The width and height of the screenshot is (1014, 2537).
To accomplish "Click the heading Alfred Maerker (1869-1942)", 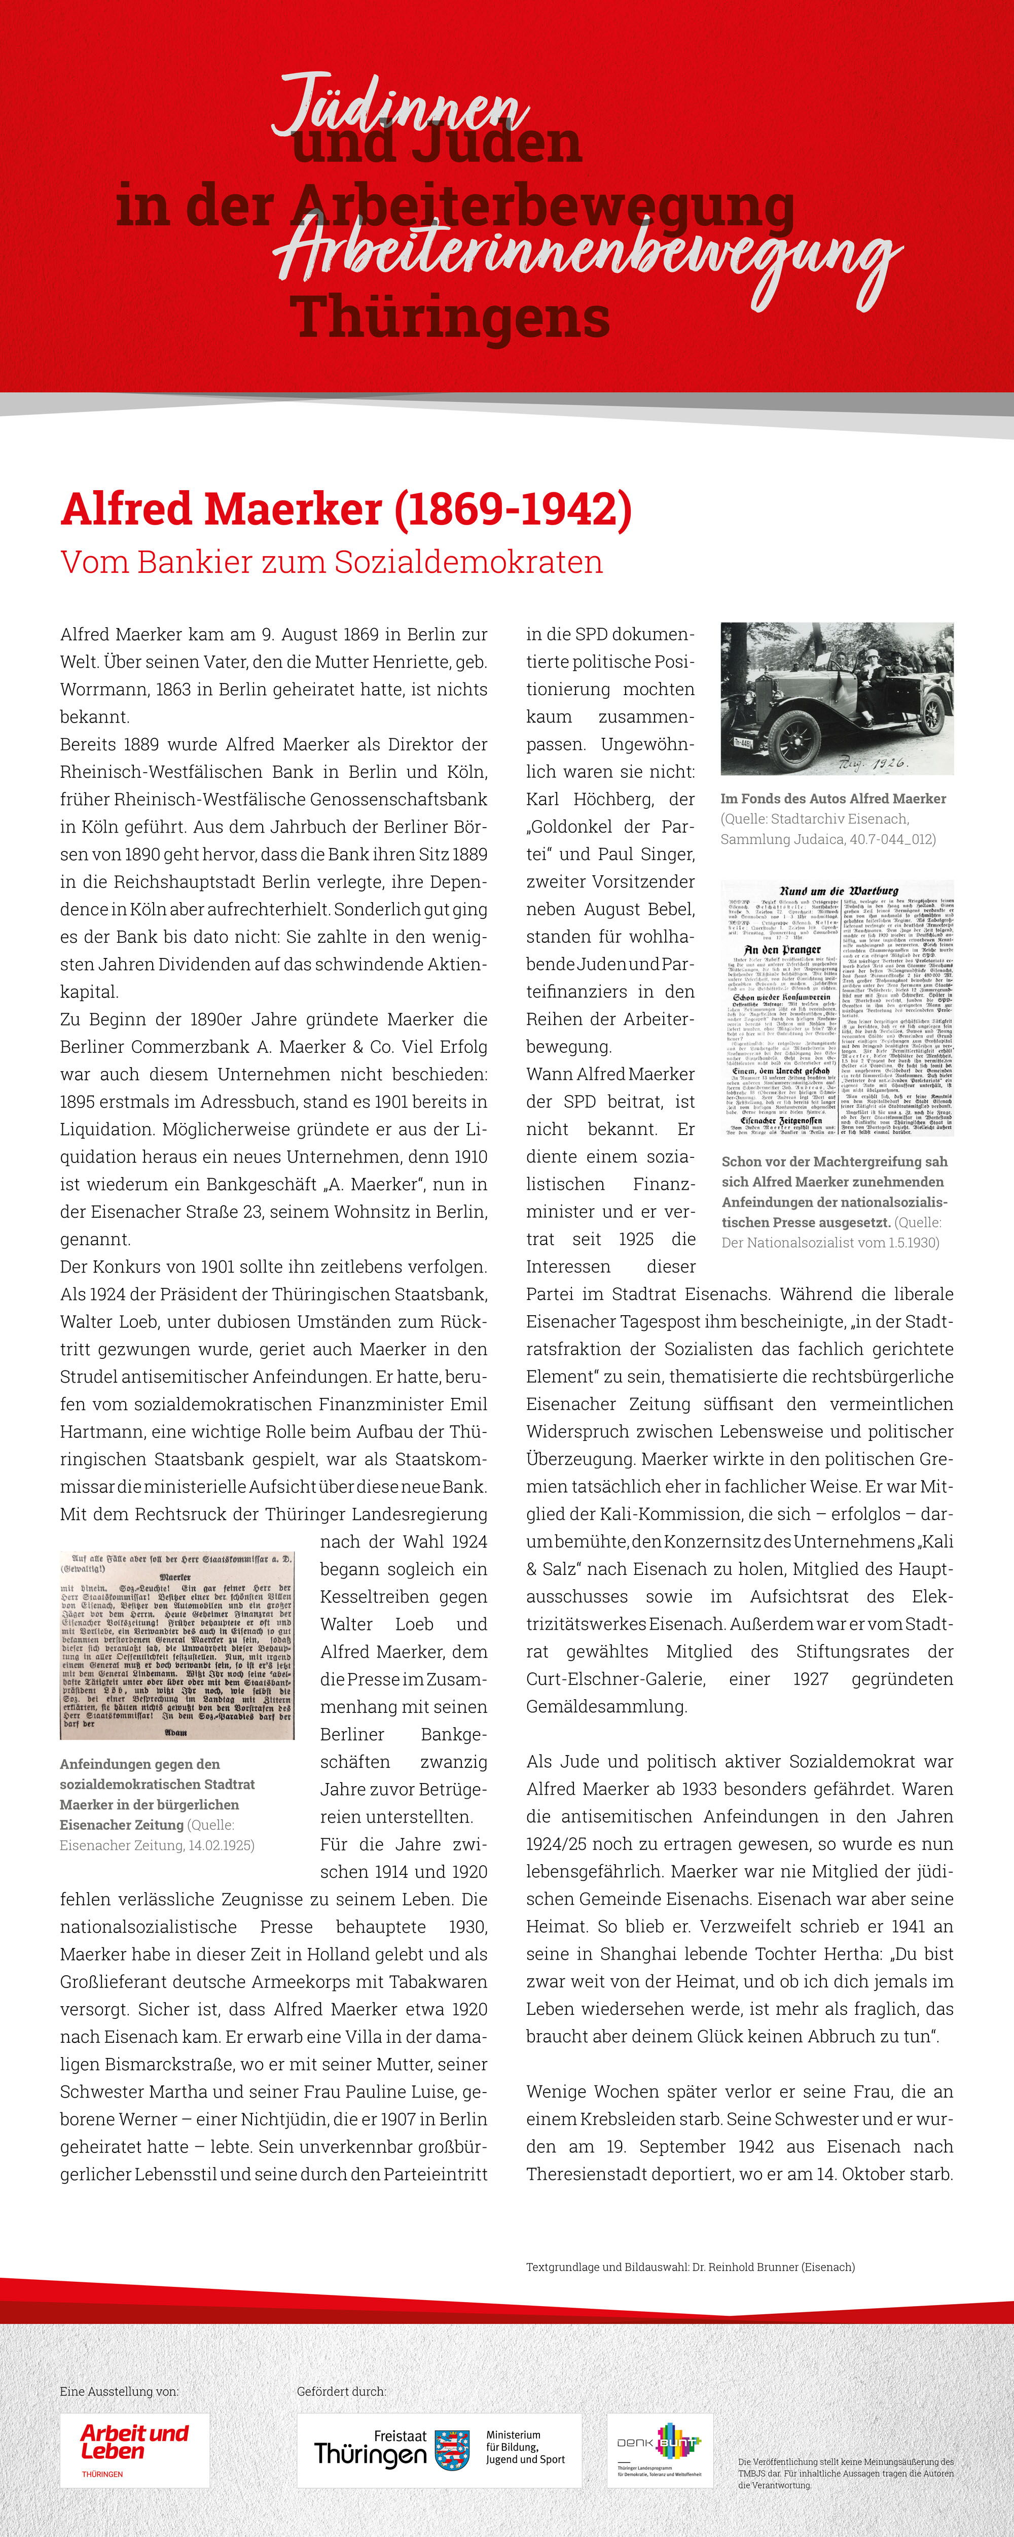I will [346, 509].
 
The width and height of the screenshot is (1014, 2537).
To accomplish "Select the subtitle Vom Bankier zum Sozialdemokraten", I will [332, 562].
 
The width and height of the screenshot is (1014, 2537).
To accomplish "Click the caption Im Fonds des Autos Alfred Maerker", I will [833, 799].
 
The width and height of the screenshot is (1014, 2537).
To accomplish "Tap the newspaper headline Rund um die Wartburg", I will [838, 890].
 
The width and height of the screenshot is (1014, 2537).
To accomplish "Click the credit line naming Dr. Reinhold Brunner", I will [690, 2267].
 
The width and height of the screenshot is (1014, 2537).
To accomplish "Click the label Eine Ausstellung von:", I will [119, 2391].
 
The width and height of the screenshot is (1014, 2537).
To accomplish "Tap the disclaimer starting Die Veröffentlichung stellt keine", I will [846, 2473].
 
